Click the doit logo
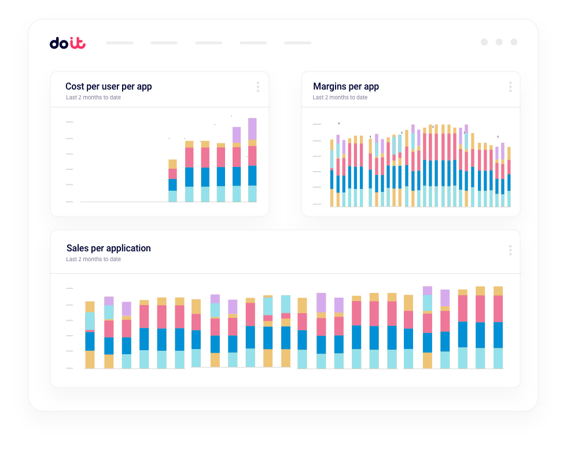pos(67,43)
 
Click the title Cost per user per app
pos(108,87)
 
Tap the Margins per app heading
pos(345,87)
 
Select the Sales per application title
pos(108,248)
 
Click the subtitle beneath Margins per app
pos(340,98)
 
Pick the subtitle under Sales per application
pos(93,259)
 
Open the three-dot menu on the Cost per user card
pos(257,87)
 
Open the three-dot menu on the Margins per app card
pos(510,87)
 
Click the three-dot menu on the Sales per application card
pos(510,250)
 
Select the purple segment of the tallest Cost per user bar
pos(252,128)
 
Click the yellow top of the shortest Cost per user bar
pos(172,164)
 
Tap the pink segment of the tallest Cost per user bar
pos(252,156)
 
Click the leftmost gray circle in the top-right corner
pos(484,42)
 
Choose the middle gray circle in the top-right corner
pos(499,42)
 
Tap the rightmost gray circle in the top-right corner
pos(514,42)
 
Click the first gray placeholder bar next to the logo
pos(120,43)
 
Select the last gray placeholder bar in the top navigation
pos(297,43)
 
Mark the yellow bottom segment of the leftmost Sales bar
pos(90,359)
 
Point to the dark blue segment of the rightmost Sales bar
pos(498,335)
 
